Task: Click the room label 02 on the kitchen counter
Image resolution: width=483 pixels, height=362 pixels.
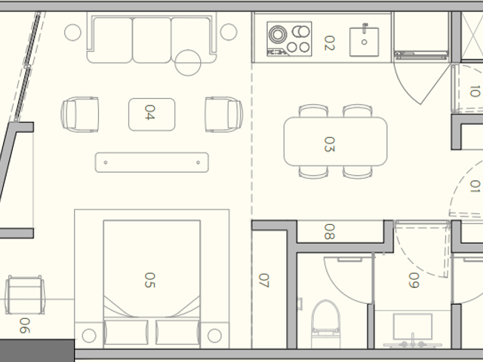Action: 329,43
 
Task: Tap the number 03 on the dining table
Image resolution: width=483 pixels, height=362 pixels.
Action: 329,144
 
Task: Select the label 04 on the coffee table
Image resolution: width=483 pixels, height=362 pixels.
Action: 149,112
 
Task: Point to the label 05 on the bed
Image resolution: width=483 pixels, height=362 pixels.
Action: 149,280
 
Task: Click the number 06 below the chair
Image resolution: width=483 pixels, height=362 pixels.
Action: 25,326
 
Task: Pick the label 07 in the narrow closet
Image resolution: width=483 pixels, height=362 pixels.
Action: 264,281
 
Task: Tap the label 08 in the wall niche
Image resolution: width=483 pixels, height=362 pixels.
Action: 329,232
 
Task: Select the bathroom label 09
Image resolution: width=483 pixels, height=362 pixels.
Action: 414,281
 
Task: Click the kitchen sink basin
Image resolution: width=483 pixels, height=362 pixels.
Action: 364,42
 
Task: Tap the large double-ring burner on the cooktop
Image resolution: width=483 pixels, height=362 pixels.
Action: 278,34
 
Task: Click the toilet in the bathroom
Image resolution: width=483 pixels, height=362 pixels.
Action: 325,324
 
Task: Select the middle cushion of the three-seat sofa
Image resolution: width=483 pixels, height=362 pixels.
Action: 152,40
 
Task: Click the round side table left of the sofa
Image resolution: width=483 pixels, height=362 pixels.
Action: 72,32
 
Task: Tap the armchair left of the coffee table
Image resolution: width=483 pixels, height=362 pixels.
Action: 80,114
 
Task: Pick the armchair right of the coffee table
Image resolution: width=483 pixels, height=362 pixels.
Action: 224,114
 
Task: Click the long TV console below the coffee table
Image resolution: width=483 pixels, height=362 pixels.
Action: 152,162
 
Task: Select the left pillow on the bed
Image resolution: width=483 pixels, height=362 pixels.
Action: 126,332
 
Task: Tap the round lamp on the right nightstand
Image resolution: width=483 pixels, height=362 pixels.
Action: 214,336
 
